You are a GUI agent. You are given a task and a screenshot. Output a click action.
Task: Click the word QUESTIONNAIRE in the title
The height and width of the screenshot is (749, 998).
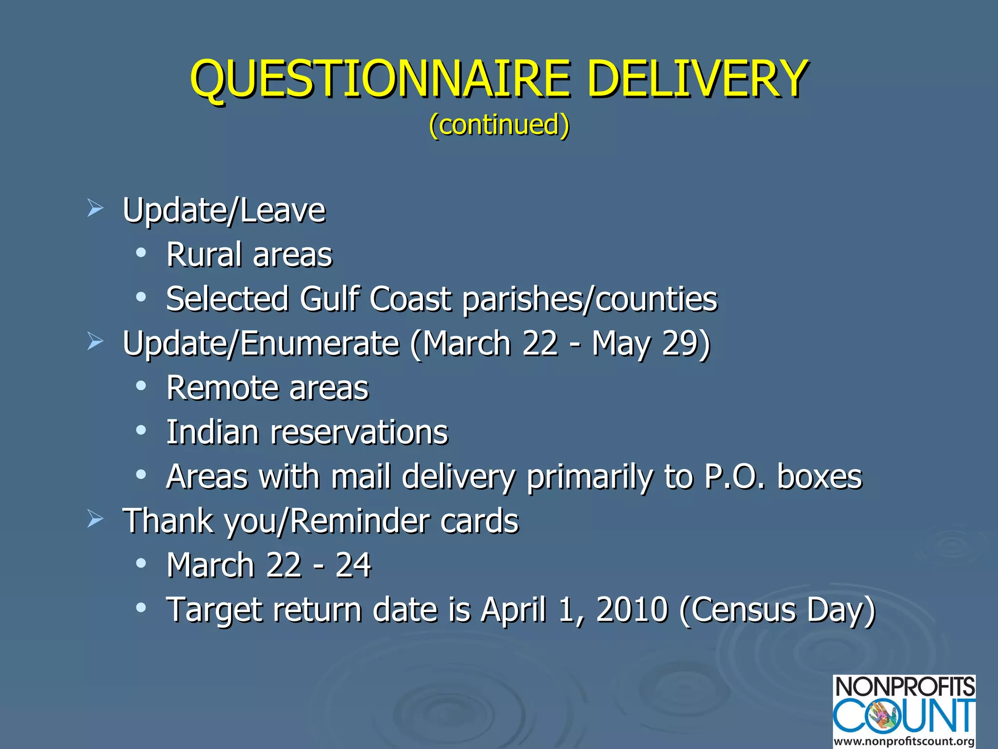[x=380, y=79]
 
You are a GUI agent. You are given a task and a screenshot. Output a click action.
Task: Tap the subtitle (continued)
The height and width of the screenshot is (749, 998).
[x=499, y=125]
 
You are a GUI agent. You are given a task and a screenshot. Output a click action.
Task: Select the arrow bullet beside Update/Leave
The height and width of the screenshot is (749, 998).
[x=95, y=209]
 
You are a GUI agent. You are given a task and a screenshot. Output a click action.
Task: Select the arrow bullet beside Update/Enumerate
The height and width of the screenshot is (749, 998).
[x=95, y=341]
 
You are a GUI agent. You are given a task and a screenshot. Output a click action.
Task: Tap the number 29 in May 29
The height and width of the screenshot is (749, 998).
[x=680, y=343]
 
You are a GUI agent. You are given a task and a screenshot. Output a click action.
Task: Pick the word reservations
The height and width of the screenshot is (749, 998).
[x=359, y=433]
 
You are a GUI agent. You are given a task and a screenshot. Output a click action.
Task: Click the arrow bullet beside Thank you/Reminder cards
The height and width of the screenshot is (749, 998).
[x=95, y=519]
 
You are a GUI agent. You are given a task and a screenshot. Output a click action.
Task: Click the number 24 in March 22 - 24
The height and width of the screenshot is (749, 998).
[x=353, y=565]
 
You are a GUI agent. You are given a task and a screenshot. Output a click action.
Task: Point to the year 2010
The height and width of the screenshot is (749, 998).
[x=632, y=610]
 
